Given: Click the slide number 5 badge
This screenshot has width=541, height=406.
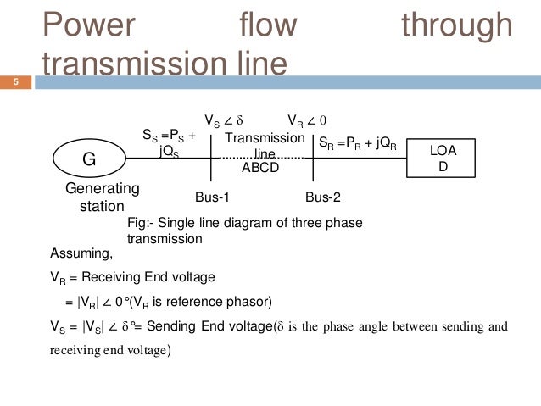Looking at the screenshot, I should pos(15,82).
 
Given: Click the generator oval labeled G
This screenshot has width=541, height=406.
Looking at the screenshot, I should pos(89,159).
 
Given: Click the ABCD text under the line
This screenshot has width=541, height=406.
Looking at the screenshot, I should pos(260,168).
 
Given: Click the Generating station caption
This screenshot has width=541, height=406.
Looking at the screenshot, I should pos(103,197).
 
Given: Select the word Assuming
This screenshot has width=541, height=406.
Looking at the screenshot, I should pos(76,253).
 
